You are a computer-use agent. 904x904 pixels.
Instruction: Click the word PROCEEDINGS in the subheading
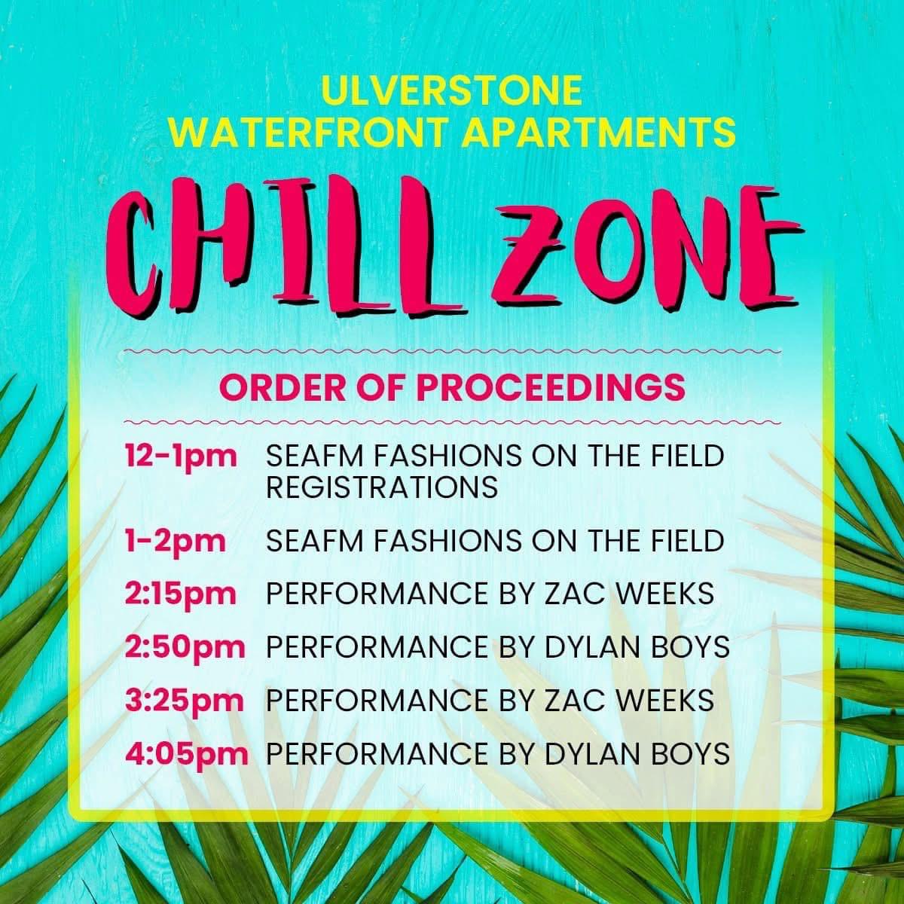tap(551, 387)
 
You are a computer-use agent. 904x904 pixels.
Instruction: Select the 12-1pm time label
tap(181, 457)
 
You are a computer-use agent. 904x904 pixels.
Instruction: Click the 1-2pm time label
tap(175, 541)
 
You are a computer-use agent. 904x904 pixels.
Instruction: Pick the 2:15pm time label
tap(181, 594)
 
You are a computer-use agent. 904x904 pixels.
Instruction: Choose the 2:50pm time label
tap(185, 647)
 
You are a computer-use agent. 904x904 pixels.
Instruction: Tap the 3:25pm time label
tap(185, 701)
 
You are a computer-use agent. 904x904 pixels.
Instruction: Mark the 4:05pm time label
tap(187, 754)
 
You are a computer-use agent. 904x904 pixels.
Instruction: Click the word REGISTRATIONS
tap(382, 487)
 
